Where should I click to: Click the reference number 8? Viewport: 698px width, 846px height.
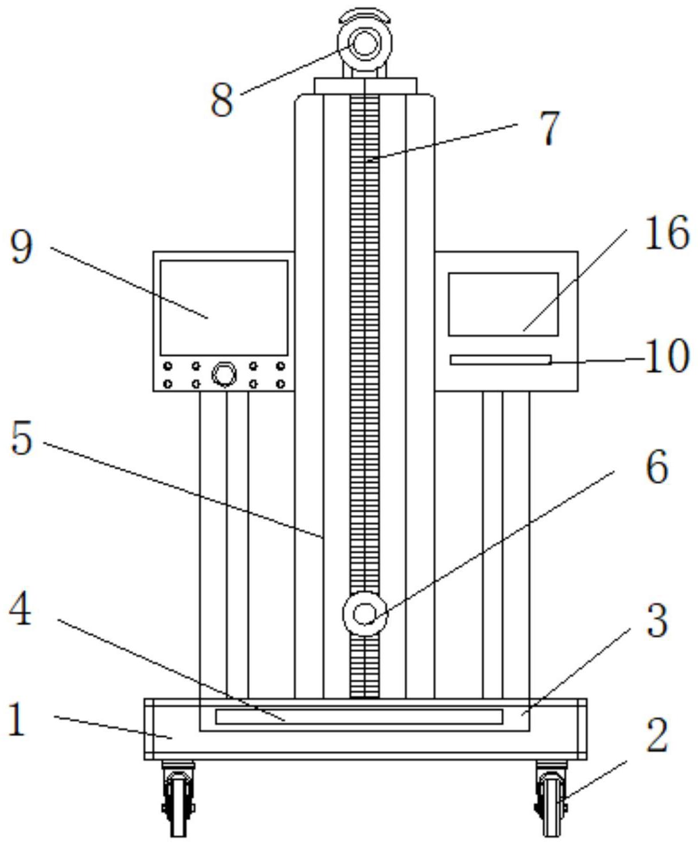222,100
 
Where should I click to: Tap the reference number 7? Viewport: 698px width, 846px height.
550,128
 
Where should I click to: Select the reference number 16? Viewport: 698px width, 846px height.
667,232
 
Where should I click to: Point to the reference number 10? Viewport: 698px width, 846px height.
667,355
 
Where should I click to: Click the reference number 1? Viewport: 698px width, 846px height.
17,719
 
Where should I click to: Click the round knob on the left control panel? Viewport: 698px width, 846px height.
224,374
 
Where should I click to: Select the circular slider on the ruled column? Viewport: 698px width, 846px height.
365,614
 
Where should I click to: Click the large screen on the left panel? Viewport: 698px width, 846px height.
224,308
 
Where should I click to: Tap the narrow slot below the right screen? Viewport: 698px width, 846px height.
500,359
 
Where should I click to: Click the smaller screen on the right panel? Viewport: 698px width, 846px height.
503,304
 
